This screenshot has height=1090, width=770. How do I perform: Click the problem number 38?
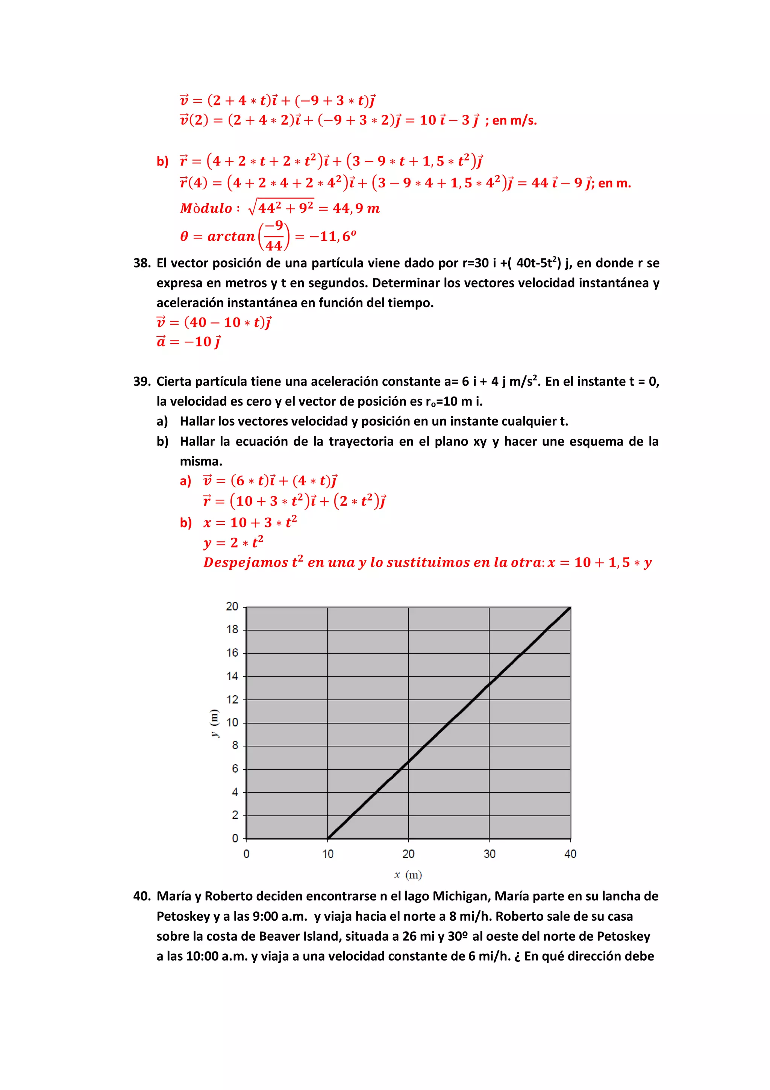[141, 263]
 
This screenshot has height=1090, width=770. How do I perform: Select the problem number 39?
[141, 382]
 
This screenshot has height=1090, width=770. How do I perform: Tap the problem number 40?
[141, 896]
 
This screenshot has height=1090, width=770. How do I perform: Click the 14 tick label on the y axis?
[232, 676]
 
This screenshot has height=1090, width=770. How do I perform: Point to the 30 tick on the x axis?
[489, 854]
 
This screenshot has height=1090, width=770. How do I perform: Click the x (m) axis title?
[408, 874]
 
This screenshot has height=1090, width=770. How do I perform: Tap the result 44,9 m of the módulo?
[356, 208]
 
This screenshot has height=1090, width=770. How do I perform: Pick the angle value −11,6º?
[333, 236]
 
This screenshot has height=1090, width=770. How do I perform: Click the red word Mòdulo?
[206, 208]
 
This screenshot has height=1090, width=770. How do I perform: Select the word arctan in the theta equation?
[231, 236]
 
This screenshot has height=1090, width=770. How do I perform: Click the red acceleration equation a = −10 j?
[189, 342]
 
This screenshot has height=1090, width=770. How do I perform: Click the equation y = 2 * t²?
[233, 542]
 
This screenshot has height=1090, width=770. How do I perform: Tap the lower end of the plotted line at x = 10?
[328, 838]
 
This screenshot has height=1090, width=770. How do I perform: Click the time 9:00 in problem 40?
[262, 916]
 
